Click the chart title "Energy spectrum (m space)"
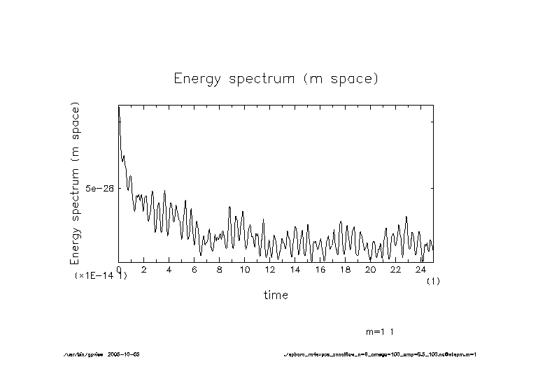[276, 78]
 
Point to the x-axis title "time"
[276, 295]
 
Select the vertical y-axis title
[75, 183]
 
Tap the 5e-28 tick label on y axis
[99, 189]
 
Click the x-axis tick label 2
[144, 269]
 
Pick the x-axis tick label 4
[169, 269]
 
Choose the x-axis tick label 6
[194, 269]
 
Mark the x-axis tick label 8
[220, 269]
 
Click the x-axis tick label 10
[245, 269]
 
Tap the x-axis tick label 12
[270, 269]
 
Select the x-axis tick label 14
[295, 269]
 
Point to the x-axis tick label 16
[320, 269]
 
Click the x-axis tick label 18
[346, 269]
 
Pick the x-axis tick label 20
[371, 269]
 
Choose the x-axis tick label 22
[396, 269]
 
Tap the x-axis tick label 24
[421, 269]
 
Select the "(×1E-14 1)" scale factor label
[101, 276]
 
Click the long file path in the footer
[379, 354]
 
